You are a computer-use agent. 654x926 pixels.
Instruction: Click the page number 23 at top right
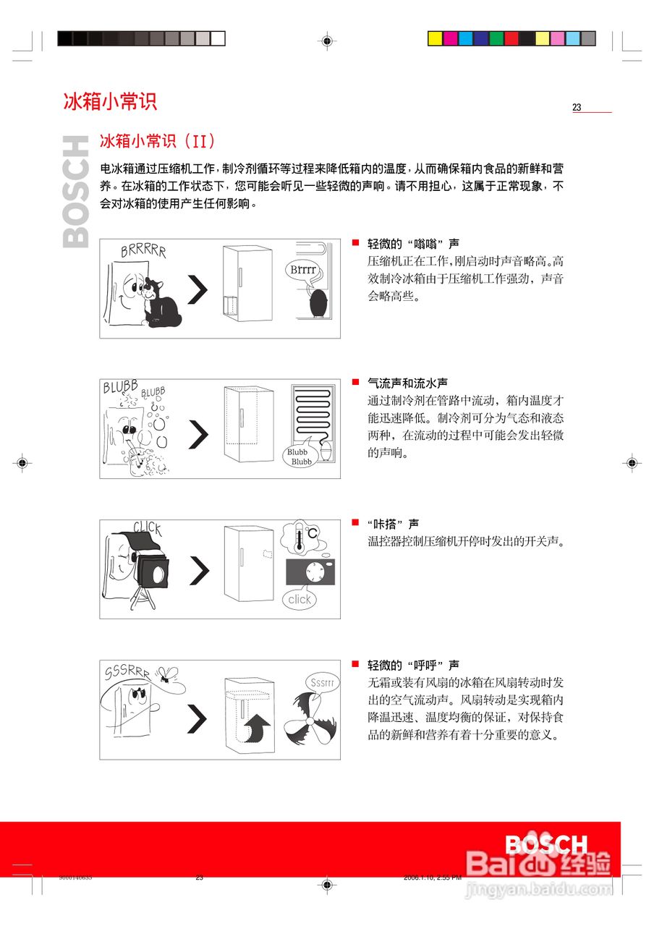[x=577, y=108]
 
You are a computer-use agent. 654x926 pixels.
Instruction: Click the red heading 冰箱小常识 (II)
[x=157, y=140]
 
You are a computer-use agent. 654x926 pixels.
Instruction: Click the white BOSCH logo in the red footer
[x=546, y=845]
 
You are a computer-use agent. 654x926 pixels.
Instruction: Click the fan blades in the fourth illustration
[x=310, y=721]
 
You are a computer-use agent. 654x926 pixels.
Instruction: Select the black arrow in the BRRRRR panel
[x=198, y=290]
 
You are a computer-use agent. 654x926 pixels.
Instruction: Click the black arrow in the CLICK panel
[x=198, y=570]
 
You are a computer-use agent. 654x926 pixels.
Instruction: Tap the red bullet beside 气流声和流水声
[x=355, y=381]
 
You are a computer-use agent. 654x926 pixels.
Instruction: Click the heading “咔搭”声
[x=393, y=524]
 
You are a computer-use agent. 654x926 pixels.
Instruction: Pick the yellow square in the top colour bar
[x=435, y=38]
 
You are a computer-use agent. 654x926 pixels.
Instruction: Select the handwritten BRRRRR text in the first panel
[x=143, y=251]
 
